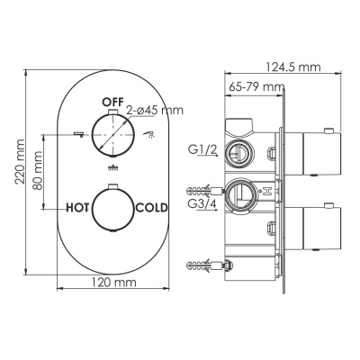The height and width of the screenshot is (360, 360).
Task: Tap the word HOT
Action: (82, 207)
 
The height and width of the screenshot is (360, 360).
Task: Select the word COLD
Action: (151, 207)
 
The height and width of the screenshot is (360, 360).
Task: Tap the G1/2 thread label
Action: (200, 150)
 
